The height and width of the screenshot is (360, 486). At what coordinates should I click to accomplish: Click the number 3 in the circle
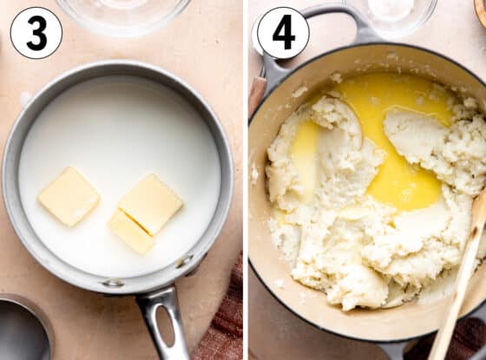(x=36, y=33)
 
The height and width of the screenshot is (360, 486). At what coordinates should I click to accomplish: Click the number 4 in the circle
(x=282, y=33)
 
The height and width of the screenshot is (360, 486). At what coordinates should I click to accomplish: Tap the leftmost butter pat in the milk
(x=69, y=196)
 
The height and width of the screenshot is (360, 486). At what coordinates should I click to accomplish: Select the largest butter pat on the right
(x=150, y=204)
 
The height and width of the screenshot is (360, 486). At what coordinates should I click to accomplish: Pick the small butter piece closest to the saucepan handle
(x=130, y=232)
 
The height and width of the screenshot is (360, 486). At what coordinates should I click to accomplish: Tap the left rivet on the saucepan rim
(x=112, y=283)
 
